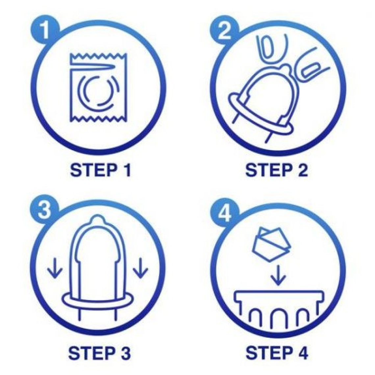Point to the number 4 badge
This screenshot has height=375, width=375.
point(225,214)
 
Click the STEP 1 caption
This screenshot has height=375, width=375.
point(101,170)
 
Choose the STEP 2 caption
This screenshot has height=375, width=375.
point(276,170)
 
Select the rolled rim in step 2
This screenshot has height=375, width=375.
point(260,117)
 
